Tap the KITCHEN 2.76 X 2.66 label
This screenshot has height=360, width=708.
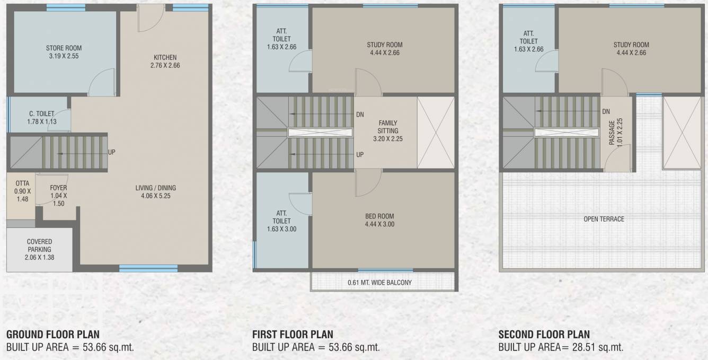coord(165,62)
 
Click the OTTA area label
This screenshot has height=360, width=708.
coord(22,191)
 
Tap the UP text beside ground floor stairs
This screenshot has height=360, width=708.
coord(112,152)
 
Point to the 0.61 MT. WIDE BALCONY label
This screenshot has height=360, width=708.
coord(379,283)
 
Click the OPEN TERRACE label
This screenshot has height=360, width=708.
coord(604,219)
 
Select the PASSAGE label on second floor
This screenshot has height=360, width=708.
coord(612,131)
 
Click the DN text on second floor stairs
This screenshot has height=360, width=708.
coord(606,111)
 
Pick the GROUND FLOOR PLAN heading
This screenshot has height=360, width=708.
coord(52,335)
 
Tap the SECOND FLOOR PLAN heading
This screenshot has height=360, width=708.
coord(544,335)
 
